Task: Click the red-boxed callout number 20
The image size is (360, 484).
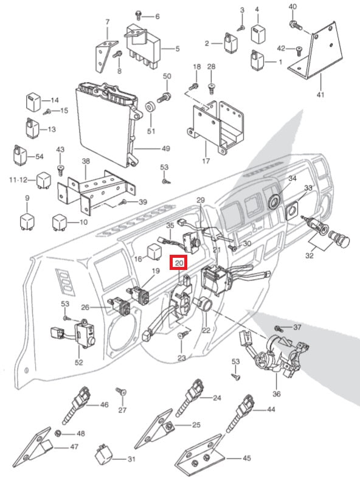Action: point(179,263)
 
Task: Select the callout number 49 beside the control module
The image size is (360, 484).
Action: point(166,148)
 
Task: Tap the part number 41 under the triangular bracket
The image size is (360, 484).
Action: point(320,94)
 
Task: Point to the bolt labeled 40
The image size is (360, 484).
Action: point(295,25)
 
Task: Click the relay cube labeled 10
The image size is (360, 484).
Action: point(60,221)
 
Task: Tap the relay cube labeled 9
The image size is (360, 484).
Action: point(27,220)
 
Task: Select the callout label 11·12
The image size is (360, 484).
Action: point(18,179)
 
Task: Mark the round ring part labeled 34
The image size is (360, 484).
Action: point(274,201)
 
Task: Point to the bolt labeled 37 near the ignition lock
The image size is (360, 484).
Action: point(278,328)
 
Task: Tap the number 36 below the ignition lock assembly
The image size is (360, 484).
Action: point(276,394)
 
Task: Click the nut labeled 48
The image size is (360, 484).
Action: point(57,434)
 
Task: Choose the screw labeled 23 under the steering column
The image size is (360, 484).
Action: point(183,334)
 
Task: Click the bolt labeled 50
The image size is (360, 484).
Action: point(164,97)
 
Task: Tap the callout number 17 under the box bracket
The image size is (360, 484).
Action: point(206,161)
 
